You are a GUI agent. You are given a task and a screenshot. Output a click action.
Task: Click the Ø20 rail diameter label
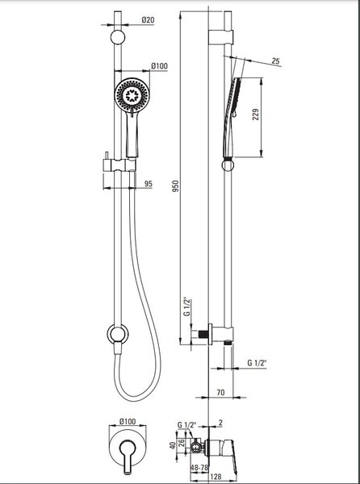[x=148, y=20]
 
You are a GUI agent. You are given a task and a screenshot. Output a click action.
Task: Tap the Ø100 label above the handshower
[x=159, y=66]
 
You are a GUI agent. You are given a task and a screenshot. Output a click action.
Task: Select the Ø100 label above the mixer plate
[x=128, y=421]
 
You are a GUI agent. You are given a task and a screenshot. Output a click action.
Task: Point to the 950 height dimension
[x=175, y=186]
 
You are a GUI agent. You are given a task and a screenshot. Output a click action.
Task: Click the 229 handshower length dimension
[x=256, y=115]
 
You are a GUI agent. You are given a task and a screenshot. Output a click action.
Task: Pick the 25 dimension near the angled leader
[x=276, y=60]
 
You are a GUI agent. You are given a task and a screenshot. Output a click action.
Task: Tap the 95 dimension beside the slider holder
[x=149, y=184]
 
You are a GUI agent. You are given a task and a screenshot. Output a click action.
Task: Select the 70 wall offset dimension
[x=220, y=393]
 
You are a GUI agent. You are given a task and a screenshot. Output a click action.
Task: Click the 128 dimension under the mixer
[x=216, y=477]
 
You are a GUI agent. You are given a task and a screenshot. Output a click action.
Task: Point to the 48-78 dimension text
[x=199, y=468]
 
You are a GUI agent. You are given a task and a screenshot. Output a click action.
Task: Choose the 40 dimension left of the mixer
[x=173, y=445]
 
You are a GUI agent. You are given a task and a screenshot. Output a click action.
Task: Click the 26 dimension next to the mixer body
[x=182, y=443]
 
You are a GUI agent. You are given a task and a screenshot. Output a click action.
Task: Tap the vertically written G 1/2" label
[x=186, y=307]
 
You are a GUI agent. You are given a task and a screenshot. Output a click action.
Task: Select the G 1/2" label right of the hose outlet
[x=257, y=363]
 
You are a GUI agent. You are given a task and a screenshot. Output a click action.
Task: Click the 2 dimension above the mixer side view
[x=220, y=423]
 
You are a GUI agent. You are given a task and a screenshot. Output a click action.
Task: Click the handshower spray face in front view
[x=132, y=95]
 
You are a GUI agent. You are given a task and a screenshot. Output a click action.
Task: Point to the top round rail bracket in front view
[x=118, y=37]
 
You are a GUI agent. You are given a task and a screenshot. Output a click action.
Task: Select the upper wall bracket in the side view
[x=220, y=37]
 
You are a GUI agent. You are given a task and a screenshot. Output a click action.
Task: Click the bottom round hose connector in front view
[x=118, y=334]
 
